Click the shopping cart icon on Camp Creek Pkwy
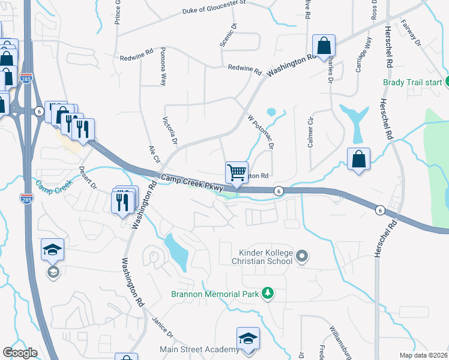point(237,172)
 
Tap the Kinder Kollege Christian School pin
point(302,257)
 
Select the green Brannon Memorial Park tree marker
point(268,293)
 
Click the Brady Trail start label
point(412,82)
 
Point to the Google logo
point(20,353)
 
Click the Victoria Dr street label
point(169,131)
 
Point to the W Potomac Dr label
point(261,131)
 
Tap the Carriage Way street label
point(363,55)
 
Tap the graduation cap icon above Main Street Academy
point(247,338)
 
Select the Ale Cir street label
point(154,154)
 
